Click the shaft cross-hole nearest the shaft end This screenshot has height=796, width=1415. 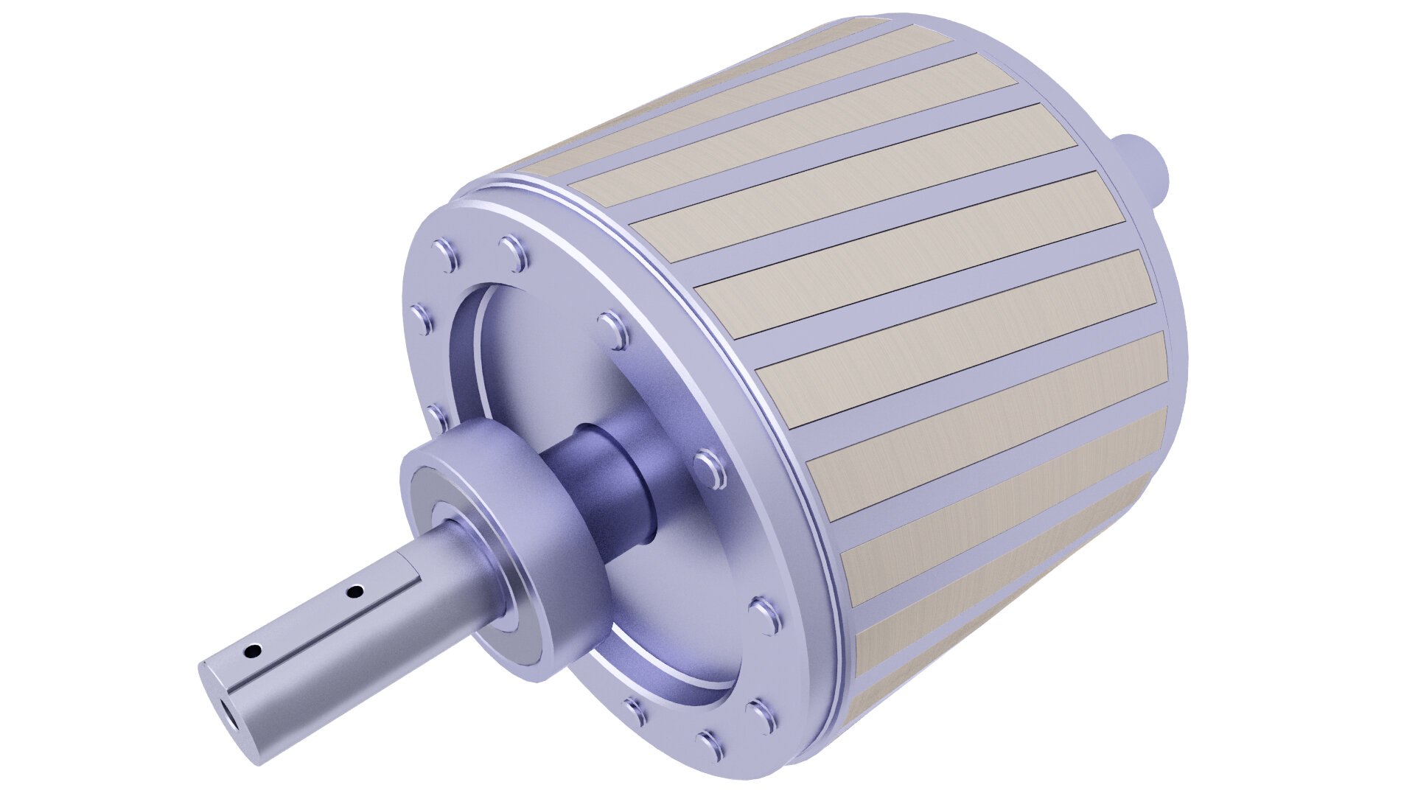(x=253, y=651)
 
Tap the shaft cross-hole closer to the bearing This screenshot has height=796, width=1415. (x=355, y=591)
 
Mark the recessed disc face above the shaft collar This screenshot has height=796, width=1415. (x=560, y=354)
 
